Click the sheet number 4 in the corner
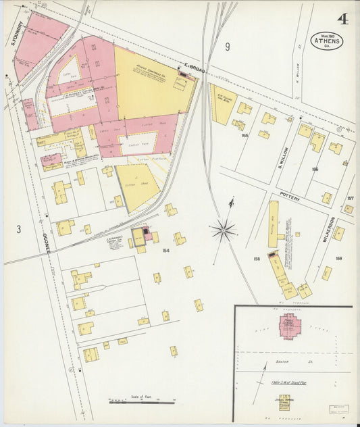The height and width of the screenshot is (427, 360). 343,18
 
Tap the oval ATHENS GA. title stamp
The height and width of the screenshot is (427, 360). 326,41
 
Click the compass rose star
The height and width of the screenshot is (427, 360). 224,230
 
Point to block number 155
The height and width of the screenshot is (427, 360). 244,136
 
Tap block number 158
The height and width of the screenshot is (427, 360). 256,258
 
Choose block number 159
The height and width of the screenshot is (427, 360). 338,258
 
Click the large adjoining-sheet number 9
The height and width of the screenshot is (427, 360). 228,47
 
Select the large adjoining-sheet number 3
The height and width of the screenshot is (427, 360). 19,230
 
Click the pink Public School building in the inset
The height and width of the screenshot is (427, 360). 290,326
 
